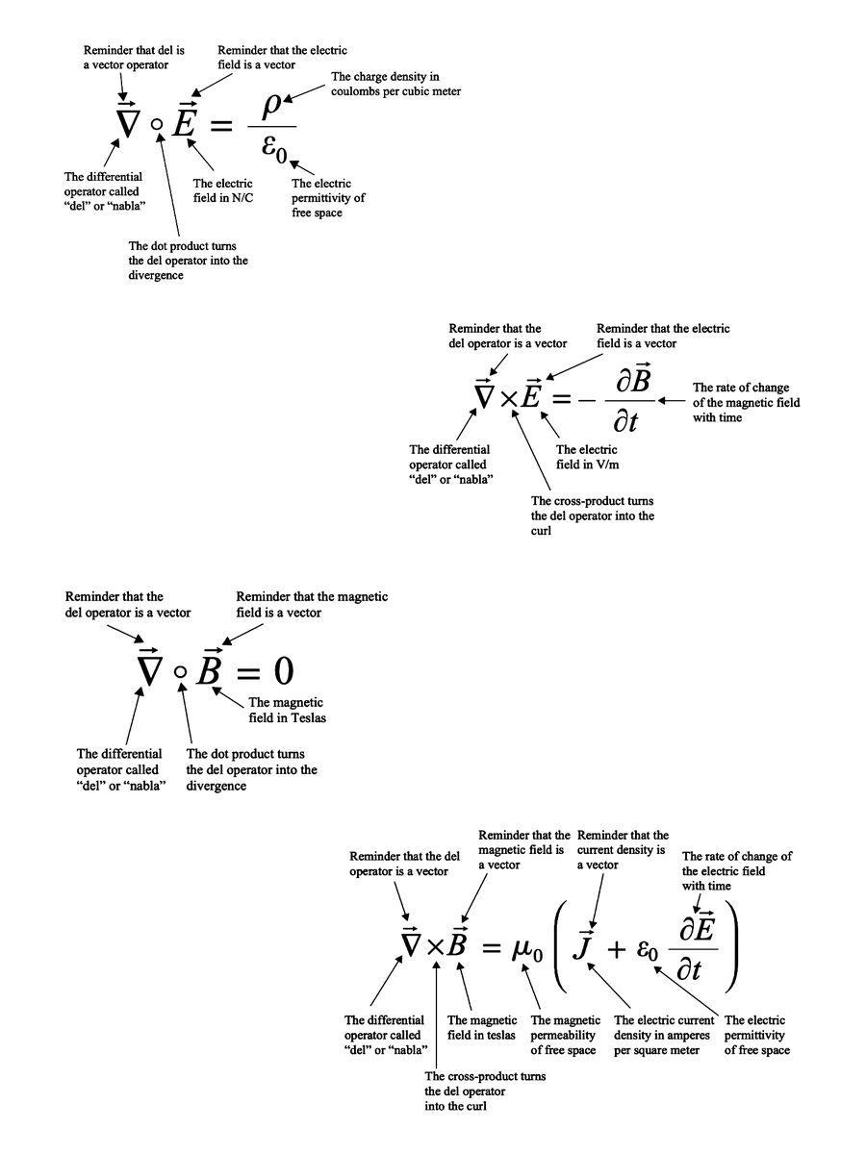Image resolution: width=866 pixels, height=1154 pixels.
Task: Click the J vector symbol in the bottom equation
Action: pyautogui.click(x=583, y=946)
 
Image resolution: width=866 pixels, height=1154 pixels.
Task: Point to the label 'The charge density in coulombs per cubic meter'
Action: pyautogui.click(x=396, y=84)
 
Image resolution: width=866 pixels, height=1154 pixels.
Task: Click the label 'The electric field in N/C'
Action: pyautogui.click(x=223, y=189)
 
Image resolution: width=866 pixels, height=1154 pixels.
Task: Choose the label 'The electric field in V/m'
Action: pyautogui.click(x=587, y=456)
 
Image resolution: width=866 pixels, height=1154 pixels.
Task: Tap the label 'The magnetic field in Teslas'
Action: pyautogui.click(x=286, y=710)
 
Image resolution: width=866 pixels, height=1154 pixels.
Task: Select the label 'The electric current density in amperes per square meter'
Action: pyautogui.click(x=664, y=1035)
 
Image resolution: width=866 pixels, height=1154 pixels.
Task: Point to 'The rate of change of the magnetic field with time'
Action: pyautogui.click(x=746, y=403)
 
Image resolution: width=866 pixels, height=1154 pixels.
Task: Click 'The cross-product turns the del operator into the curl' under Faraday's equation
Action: pyautogui.click(x=593, y=516)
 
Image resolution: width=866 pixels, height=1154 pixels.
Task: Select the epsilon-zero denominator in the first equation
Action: pyautogui.click(x=270, y=149)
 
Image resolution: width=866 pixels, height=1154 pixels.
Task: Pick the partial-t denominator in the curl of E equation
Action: pyautogui.click(x=626, y=421)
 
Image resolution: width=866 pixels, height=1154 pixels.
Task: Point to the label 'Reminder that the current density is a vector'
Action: pyautogui.click(x=623, y=850)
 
